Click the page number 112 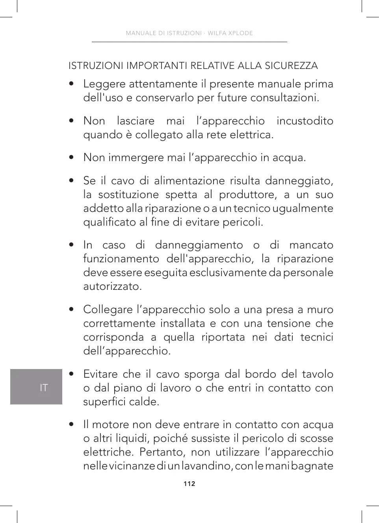click(x=189, y=484)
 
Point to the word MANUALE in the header click(x=141, y=33)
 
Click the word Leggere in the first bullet click(x=104, y=84)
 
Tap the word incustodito click(x=305, y=121)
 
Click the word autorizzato click(x=112, y=286)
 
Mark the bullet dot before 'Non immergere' click(x=71, y=158)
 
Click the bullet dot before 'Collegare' click(x=71, y=310)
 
